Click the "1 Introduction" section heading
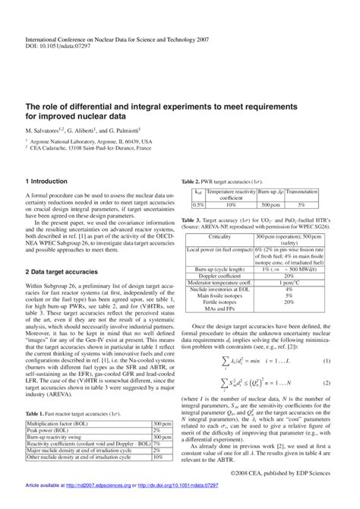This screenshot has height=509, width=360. point(49,182)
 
